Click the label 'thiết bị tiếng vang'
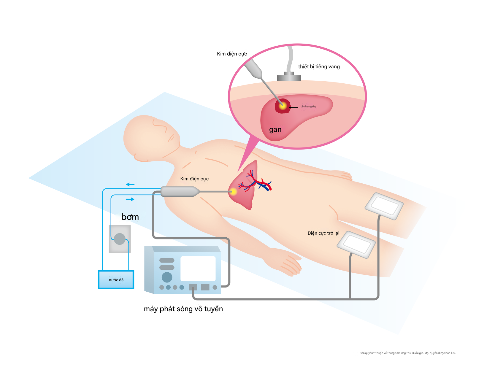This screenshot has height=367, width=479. (319, 67)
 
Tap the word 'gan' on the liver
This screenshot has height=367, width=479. (275, 130)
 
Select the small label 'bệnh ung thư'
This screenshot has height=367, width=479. (308, 107)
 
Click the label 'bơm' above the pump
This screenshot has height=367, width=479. (130, 217)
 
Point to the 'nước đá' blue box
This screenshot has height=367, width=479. (116, 280)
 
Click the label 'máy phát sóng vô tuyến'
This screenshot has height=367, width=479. (183, 309)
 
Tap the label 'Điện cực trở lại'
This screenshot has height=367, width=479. (323, 233)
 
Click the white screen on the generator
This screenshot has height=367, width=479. (198, 269)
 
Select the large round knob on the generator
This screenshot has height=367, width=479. (167, 277)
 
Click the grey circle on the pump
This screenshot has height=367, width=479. (120, 239)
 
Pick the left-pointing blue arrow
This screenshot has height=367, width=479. (130, 185)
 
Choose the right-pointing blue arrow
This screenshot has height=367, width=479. (130, 199)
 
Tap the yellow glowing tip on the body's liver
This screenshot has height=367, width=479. (234, 192)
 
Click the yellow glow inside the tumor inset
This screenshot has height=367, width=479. (283, 106)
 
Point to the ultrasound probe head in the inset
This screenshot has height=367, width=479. (289, 77)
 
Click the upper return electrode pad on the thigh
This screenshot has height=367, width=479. (384, 206)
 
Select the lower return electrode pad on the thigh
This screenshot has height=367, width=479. (356, 244)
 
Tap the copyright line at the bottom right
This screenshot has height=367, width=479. (407, 353)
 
